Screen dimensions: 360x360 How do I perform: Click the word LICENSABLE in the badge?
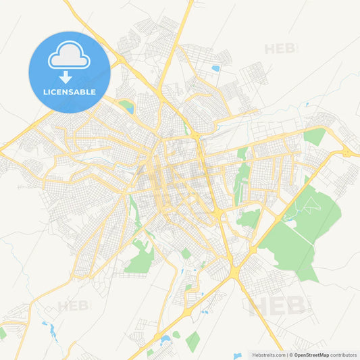[x=70, y=92]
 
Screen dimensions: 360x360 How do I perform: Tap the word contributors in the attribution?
[x=343, y=355]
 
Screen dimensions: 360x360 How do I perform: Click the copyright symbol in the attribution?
[x=292, y=355]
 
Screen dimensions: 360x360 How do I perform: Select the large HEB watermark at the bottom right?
[x=277, y=306]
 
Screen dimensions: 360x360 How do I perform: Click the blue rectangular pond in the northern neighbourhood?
[x=215, y=68]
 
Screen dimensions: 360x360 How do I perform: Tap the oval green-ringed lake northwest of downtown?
[x=126, y=105]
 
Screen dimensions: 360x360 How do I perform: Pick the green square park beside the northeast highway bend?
[x=314, y=136]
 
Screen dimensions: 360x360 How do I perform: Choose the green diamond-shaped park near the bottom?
[x=192, y=341]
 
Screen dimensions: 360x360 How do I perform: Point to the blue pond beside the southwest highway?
[x=49, y=329]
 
